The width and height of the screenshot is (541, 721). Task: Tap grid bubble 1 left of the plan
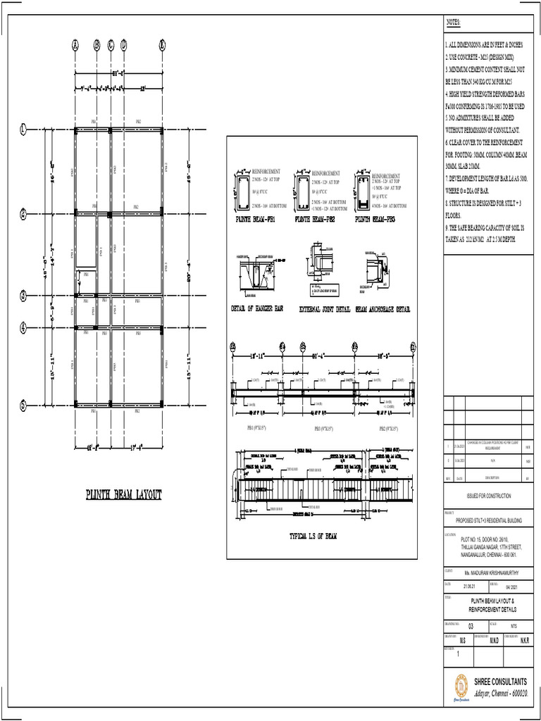(23, 129)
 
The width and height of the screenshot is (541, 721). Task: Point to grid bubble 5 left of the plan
(23, 405)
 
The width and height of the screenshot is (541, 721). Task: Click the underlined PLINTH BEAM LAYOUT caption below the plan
(123, 495)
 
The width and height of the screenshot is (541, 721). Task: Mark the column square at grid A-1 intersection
(75, 129)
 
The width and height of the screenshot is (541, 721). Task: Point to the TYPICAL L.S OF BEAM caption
(313, 536)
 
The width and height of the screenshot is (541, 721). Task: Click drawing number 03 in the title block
(471, 625)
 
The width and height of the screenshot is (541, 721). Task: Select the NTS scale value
(514, 625)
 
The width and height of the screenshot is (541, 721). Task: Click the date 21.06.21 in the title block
(470, 585)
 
